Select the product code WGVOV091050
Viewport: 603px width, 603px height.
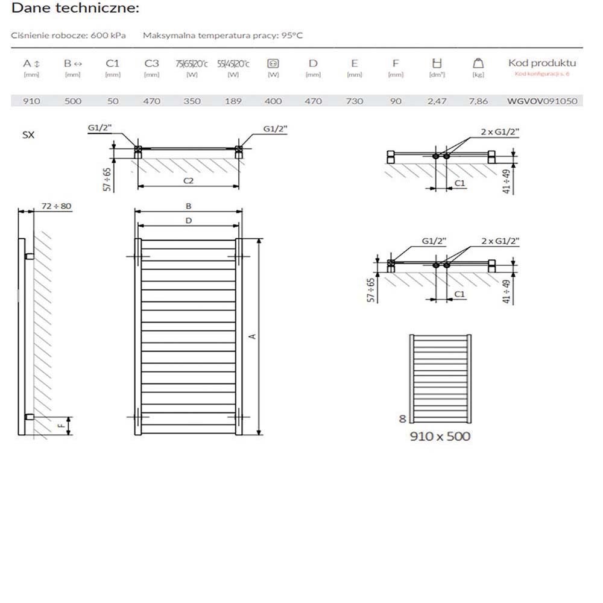coord(542,101)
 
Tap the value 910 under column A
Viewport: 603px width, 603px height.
coord(31,101)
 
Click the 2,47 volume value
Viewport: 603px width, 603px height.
coord(437,101)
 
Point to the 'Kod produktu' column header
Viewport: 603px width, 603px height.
coord(542,63)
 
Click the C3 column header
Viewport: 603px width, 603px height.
coord(151,63)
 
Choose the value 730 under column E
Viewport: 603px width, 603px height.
coord(354,101)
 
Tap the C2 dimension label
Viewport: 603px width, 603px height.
coord(189,180)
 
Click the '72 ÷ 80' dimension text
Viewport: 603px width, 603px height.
coord(57,206)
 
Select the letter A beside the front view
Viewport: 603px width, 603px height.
coord(253,336)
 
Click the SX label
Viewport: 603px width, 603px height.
coord(28,135)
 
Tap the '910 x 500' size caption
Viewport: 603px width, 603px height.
coord(440,436)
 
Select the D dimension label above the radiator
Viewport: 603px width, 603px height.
coord(188,221)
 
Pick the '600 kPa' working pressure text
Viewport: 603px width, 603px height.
coord(109,36)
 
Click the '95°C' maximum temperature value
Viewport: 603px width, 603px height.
coord(290,36)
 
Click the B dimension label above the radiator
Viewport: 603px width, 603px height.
coord(188,206)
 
